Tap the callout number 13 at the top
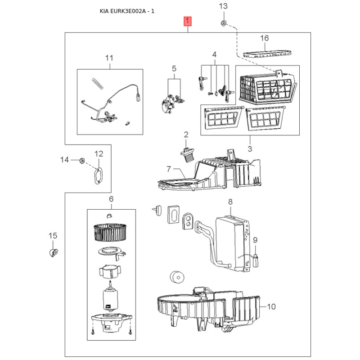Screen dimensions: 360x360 [224, 6]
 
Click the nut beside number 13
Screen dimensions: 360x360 [224, 23]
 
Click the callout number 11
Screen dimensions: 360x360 [109, 58]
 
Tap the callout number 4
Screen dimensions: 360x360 [214, 54]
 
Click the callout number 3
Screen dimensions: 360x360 [250, 148]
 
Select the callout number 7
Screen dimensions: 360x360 [169, 169]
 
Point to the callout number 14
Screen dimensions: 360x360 [65, 160]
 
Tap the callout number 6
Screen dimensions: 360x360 [111, 199]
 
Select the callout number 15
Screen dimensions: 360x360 [53, 236]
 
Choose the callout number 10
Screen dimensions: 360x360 [271, 307]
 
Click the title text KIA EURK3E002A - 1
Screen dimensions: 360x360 [127, 11]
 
